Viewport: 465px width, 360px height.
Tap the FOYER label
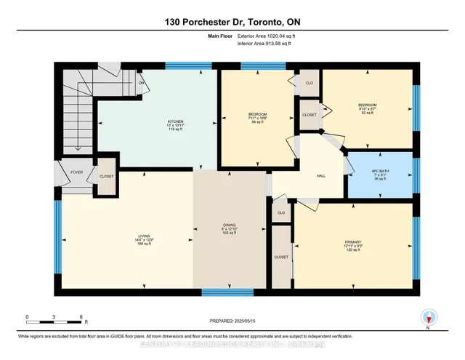coord(77,172)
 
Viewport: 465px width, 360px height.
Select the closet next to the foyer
coord(106,176)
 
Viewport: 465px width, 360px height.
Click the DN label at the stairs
coord(142,82)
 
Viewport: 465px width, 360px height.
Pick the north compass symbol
coord(429,318)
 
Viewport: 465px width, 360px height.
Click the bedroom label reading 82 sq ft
coord(366,109)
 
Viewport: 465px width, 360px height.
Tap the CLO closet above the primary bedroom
coord(280,213)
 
